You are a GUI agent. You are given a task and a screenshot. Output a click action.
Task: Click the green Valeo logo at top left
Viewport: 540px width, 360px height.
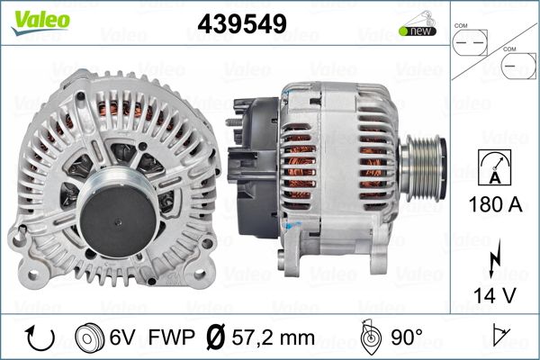point(40,22)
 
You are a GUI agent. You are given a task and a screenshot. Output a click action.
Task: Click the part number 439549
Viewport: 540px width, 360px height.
point(242,23)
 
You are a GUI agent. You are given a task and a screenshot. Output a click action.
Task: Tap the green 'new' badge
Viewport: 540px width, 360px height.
point(418,31)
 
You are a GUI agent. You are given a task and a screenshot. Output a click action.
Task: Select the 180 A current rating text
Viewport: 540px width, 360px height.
point(495,204)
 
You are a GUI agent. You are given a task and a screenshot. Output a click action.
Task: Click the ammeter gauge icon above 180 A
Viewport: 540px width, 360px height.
point(495,167)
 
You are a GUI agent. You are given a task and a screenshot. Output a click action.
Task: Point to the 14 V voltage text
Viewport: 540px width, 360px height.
point(495,295)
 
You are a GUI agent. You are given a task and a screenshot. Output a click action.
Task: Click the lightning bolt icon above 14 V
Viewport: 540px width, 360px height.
point(494,258)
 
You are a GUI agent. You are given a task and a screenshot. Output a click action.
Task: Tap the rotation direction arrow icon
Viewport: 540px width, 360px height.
point(40,337)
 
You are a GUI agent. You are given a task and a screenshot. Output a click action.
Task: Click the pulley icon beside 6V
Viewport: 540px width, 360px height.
point(89,337)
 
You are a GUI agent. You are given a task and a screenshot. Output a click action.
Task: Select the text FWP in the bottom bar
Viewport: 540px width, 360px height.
point(171,337)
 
